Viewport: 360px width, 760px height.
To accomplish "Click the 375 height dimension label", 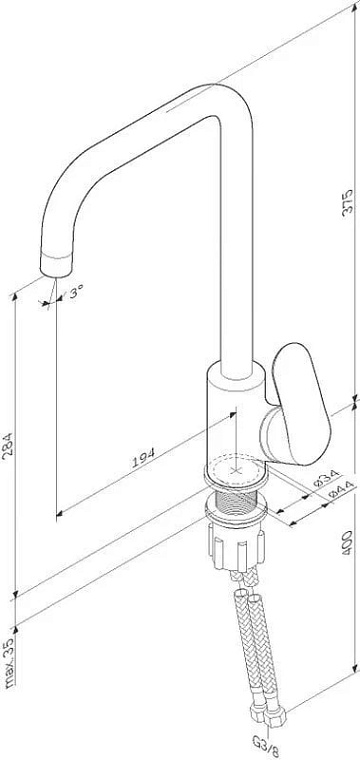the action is (348, 202).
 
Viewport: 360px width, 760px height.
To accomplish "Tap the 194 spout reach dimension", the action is (144, 457).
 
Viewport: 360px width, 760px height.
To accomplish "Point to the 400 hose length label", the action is (348, 543).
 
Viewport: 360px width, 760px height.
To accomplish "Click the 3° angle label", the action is (77, 292).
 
